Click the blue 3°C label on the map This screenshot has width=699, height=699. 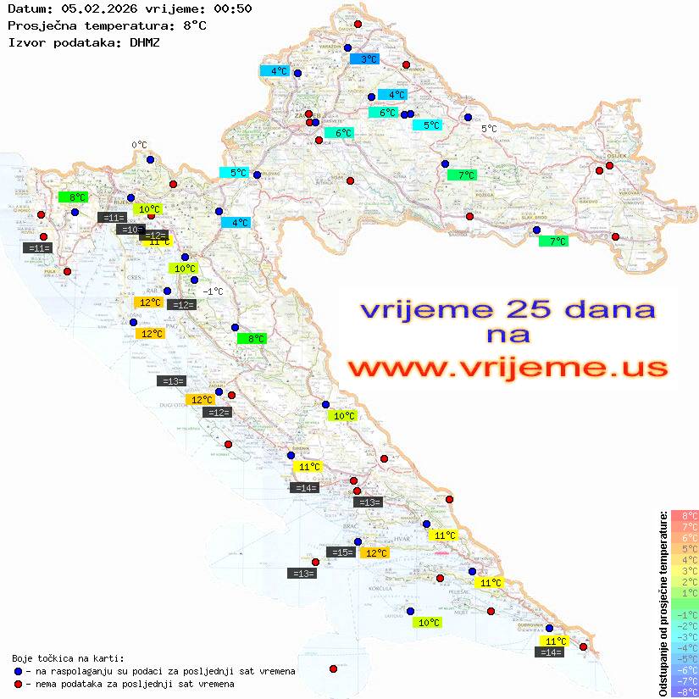click(x=364, y=59)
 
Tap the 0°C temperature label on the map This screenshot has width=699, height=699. click(x=139, y=145)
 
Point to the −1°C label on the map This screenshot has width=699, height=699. click(x=213, y=291)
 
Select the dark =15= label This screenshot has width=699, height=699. click(x=341, y=552)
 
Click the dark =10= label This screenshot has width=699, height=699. click(x=130, y=230)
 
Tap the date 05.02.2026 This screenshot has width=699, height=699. click(x=92, y=9)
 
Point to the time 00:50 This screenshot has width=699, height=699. click(x=232, y=9)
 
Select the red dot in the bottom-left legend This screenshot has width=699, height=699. click(x=18, y=684)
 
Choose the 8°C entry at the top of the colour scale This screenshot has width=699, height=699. click(x=685, y=515)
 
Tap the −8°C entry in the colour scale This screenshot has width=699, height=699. click(x=685, y=692)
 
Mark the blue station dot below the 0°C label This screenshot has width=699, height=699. click(x=150, y=159)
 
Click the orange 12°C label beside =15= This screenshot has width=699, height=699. click(x=374, y=553)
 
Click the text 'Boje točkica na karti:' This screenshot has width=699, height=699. click(x=68, y=658)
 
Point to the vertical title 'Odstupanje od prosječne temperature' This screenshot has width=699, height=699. click(x=663, y=602)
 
